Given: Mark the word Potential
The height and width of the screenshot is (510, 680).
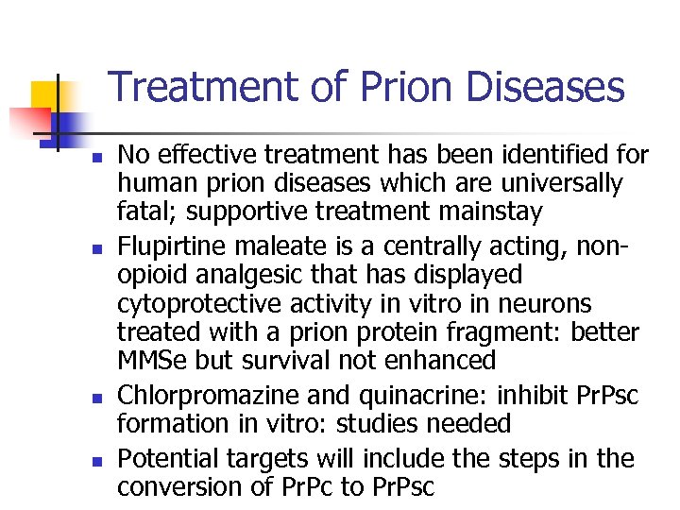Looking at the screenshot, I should coord(166,459).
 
